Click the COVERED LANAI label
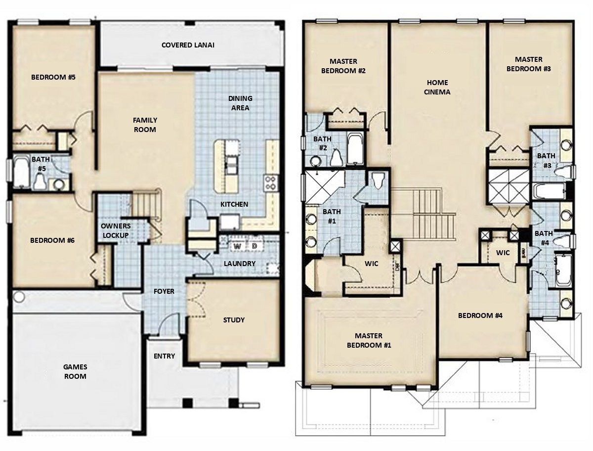(188, 45)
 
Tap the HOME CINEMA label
(437, 87)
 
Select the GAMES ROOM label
(75, 371)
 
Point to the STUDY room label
(234, 320)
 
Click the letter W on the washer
(237, 246)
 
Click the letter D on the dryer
(254, 246)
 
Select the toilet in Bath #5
(40, 181)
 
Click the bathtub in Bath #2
(355, 149)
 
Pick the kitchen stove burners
(271, 182)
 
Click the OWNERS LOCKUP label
(116, 230)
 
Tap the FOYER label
(164, 291)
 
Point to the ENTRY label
(164, 356)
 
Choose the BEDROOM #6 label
(52, 240)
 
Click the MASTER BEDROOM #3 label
(528, 64)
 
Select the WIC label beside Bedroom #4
(503, 253)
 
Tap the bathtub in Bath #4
(563, 271)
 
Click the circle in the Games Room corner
(19, 297)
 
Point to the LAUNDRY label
(239, 264)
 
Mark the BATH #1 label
(332, 216)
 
